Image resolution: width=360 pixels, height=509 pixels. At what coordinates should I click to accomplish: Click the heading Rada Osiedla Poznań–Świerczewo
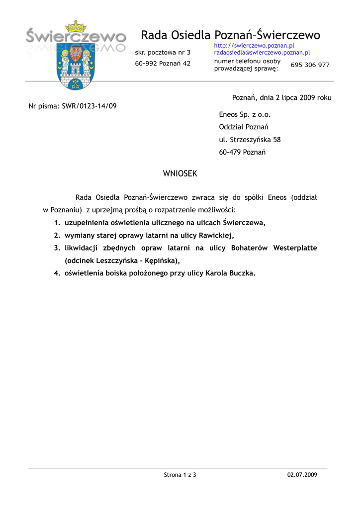point(230,35)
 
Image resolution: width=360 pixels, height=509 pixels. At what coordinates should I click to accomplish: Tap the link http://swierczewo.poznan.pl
point(254,46)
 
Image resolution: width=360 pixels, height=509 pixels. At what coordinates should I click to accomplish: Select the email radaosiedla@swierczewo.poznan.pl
point(262,52)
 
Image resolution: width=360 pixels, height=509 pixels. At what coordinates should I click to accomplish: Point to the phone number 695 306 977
point(310,65)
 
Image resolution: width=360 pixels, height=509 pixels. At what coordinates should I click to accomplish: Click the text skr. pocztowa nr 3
point(163,52)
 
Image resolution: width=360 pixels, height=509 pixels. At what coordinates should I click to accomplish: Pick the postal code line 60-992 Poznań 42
point(163,63)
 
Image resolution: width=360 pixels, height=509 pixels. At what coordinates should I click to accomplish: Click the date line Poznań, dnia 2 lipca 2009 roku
point(281,97)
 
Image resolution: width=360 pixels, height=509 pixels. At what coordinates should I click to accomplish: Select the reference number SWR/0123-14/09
point(90,106)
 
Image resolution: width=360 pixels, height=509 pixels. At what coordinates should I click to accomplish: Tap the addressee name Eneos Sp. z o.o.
point(245,114)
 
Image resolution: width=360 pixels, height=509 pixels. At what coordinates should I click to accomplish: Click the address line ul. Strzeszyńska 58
point(250,140)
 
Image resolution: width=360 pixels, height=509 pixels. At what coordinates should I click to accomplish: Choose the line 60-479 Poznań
point(242,152)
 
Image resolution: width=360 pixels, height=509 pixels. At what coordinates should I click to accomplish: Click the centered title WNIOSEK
point(180,173)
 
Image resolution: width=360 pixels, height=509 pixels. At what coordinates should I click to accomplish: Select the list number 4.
point(57,273)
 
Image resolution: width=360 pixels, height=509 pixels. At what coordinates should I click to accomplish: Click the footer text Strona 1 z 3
point(180,475)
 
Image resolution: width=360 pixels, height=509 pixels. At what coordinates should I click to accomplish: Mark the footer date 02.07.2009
point(302,475)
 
